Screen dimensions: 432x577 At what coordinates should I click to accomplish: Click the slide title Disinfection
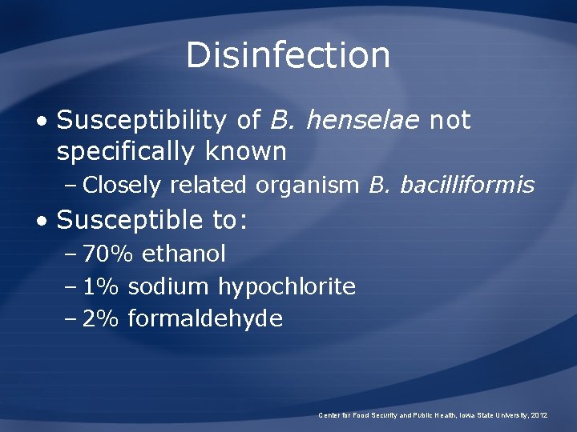[288, 55]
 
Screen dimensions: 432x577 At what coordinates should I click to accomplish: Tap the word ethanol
[184, 254]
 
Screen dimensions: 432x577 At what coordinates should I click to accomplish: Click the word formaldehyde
[205, 319]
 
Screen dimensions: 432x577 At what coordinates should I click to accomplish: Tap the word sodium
[169, 286]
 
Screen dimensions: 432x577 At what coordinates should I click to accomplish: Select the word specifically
[131, 151]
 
